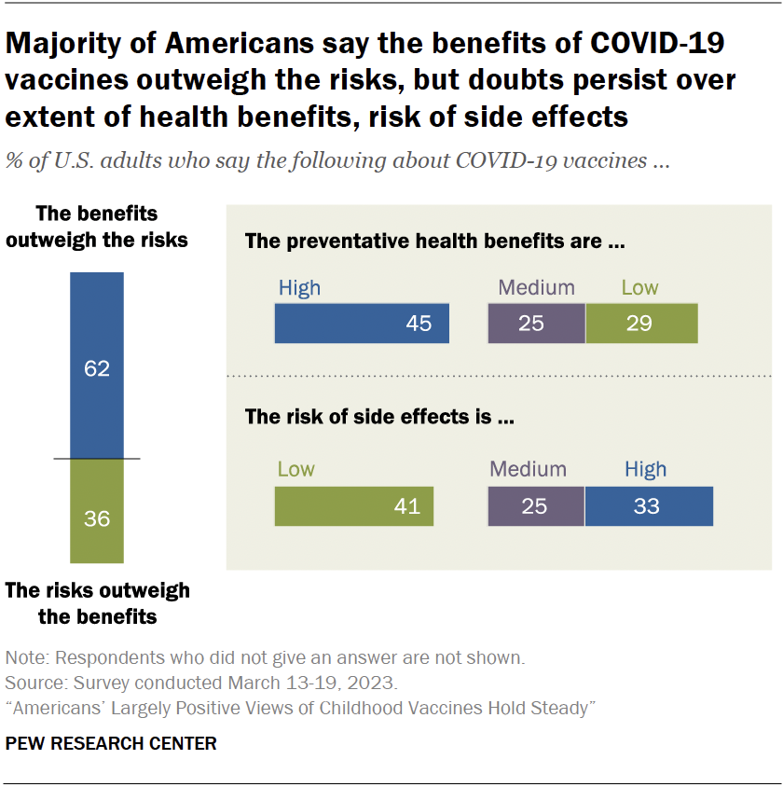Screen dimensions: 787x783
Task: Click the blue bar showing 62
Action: point(97,366)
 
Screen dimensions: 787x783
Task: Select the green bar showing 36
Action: point(97,511)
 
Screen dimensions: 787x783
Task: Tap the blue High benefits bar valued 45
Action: point(362,324)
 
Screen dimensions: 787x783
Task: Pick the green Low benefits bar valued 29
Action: point(641,324)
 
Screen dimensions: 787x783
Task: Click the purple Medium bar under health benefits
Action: point(537,324)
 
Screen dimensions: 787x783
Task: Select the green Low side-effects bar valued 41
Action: point(354,506)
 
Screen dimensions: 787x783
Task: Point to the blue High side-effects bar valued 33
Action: point(649,506)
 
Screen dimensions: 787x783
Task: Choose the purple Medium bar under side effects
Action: point(537,506)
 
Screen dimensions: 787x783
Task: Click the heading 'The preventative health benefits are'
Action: point(434,242)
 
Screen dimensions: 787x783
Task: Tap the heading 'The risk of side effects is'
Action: point(380,417)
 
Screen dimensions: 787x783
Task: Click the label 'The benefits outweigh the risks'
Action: point(97,227)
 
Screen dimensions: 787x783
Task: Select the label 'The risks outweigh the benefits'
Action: point(97,603)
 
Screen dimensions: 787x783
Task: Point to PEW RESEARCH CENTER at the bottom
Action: point(111,743)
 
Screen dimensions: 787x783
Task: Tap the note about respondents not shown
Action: point(265,657)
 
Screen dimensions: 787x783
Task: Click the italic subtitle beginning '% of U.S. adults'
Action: point(337,159)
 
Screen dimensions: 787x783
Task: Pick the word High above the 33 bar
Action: point(646,470)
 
